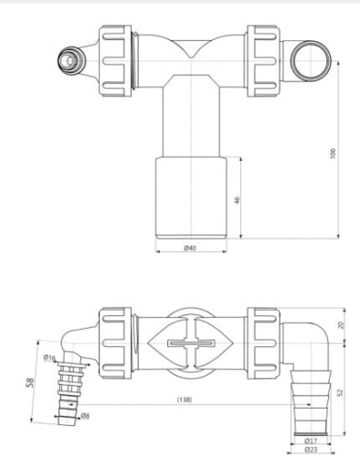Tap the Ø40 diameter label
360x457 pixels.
pos(190,248)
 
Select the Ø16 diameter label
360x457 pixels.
pos(49,357)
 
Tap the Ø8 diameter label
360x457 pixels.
pos(84,417)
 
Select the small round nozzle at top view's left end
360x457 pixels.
pos(68,62)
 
